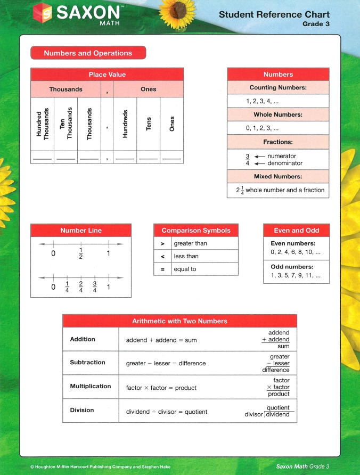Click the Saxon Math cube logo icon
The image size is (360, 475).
[44, 12]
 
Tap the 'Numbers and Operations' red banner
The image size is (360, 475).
[88, 53]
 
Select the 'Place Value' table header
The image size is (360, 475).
[107, 75]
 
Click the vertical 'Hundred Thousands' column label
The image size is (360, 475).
[42, 124]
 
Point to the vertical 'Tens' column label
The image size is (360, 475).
[149, 124]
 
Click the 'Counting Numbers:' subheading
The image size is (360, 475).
[278, 87]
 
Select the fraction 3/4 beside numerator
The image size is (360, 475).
[247, 160]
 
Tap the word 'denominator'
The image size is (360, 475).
[285, 163]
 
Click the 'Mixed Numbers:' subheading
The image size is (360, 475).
[278, 176]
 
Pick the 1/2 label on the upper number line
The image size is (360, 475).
[81, 253]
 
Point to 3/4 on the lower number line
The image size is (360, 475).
[95, 287]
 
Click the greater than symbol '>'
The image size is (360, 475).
[161, 243]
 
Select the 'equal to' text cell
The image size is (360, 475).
[185, 269]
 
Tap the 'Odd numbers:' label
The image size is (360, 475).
[292, 267]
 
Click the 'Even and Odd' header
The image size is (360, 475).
[296, 231]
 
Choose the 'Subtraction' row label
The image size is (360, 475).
[87, 363]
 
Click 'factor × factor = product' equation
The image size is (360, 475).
[161, 388]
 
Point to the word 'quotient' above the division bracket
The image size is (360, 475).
[278, 408]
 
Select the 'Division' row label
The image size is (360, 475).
[82, 410]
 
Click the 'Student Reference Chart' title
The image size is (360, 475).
[274, 14]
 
